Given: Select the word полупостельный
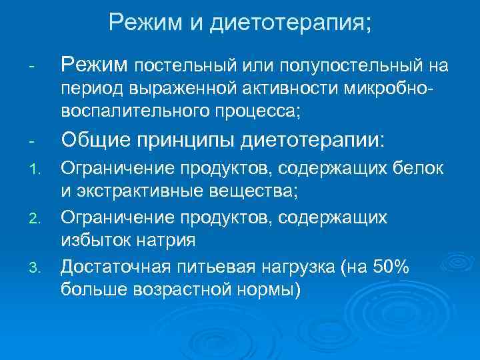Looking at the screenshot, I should (x=345, y=65).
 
